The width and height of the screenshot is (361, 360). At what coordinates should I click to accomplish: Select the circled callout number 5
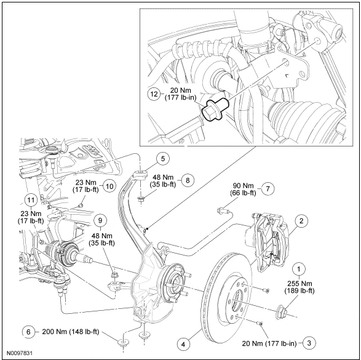click(x=163, y=159)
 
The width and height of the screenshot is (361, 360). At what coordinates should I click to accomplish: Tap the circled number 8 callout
click(x=188, y=180)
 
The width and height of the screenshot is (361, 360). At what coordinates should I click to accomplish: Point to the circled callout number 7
click(x=268, y=189)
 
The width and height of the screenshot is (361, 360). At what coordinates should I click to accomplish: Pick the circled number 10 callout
click(x=109, y=186)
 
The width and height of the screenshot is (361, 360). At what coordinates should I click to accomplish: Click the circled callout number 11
click(x=31, y=200)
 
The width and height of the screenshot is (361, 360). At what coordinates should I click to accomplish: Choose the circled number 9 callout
click(x=100, y=221)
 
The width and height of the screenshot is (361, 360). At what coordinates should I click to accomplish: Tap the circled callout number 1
click(x=299, y=269)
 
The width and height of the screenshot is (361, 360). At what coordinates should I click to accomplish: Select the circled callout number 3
click(x=309, y=343)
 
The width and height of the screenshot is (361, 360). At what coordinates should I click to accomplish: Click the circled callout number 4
click(x=183, y=345)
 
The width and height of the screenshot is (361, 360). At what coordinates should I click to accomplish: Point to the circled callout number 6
click(x=28, y=332)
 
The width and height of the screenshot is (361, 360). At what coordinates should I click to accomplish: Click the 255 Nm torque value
click(x=300, y=284)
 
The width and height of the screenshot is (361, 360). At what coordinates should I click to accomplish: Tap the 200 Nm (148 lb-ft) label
click(x=71, y=332)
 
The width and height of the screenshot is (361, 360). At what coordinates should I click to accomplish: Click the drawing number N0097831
click(x=19, y=353)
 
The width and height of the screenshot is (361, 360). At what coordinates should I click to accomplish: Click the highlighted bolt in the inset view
click(x=215, y=109)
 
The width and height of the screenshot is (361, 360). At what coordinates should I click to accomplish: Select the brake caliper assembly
click(x=271, y=242)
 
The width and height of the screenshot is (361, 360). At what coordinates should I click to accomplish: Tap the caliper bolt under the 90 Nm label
click(x=223, y=210)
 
